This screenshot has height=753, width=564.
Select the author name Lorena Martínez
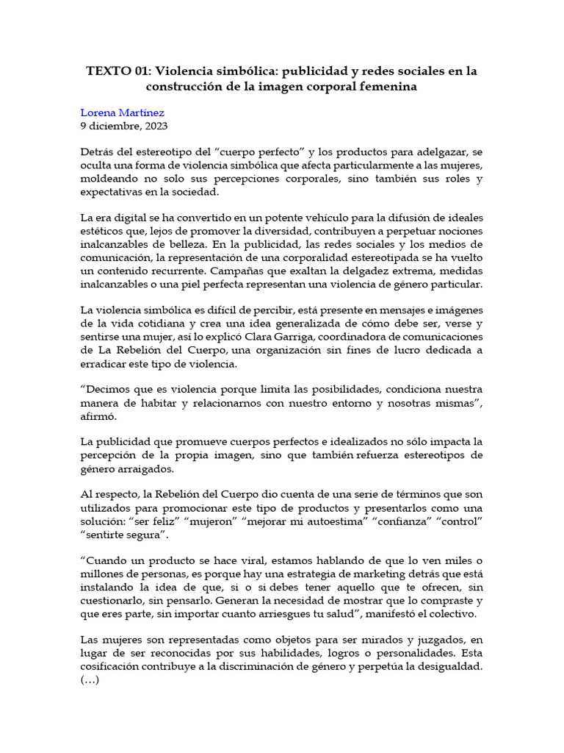[121, 113]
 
